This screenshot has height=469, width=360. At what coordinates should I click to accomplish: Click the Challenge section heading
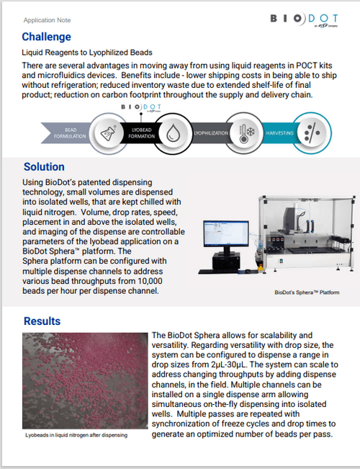46,37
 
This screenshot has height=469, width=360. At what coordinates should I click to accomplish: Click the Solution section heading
44,167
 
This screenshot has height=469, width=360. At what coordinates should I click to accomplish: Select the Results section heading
42,321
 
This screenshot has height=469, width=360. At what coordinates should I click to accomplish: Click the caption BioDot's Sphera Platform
306,293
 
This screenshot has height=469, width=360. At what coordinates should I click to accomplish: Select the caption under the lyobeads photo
76,436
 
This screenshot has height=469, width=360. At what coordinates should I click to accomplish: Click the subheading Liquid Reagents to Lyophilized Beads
86,53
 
